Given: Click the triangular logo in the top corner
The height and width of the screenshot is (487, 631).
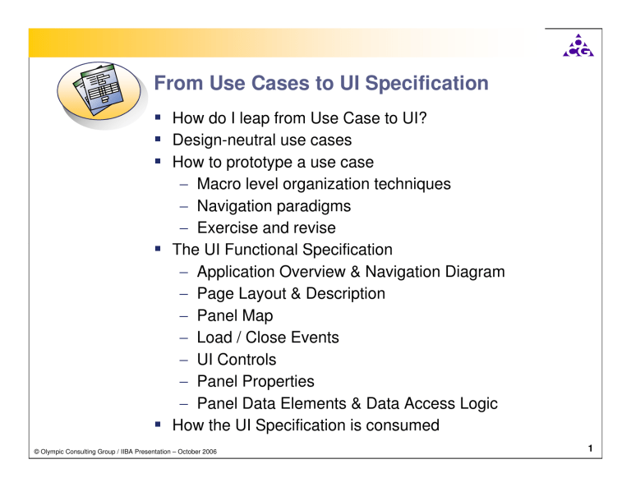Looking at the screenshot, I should click(578, 47).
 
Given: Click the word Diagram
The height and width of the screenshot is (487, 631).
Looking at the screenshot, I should click(473, 271).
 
